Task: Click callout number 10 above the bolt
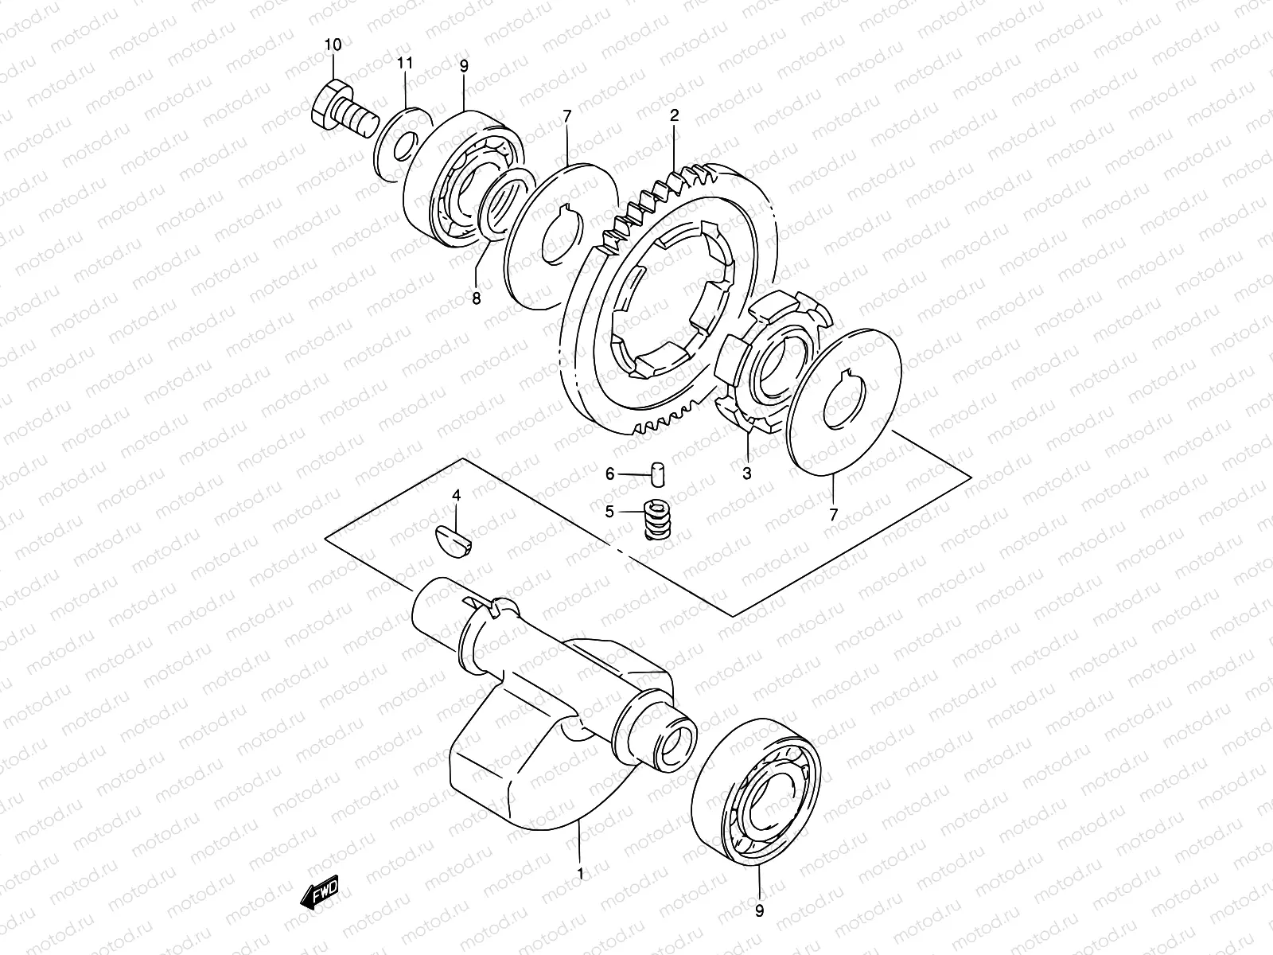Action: click(x=333, y=45)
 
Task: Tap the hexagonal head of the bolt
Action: click(x=325, y=103)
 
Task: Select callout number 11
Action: click(x=406, y=62)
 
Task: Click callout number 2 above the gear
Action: click(x=674, y=115)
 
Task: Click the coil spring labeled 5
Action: click(x=655, y=520)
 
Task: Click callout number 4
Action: click(x=456, y=495)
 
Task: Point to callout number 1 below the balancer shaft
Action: click(x=580, y=874)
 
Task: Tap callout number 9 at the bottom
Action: click(x=759, y=912)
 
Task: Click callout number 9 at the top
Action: click(x=464, y=65)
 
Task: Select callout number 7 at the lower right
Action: click(x=833, y=515)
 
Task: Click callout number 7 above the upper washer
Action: click(x=566, y=117)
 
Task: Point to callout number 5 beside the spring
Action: click(x=609, y=512)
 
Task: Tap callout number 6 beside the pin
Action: click(x=610, y=474)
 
